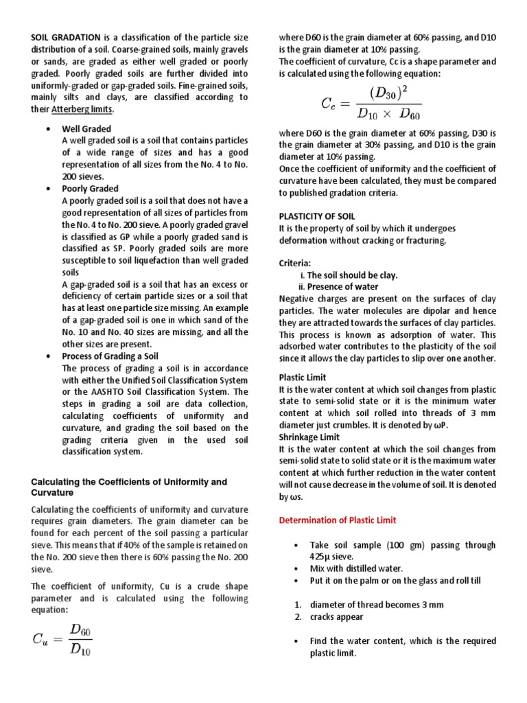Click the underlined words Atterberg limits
[x=82, y=109]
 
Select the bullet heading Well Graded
[x=86, y=128]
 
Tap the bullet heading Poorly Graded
[x=90, y=188]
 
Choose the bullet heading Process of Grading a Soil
[x=110, y=356]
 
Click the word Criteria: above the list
[x=295, y=263]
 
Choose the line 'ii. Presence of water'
[x=338, y=286]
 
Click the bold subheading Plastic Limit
[x=303, y=377]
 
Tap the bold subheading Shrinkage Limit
[x=309, y=437]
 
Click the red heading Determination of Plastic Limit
[x=337, y=520]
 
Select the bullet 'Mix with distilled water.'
[x=356, y=568]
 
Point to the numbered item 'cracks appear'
[x=336, y=616]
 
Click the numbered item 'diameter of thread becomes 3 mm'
[x=377, y=605]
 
